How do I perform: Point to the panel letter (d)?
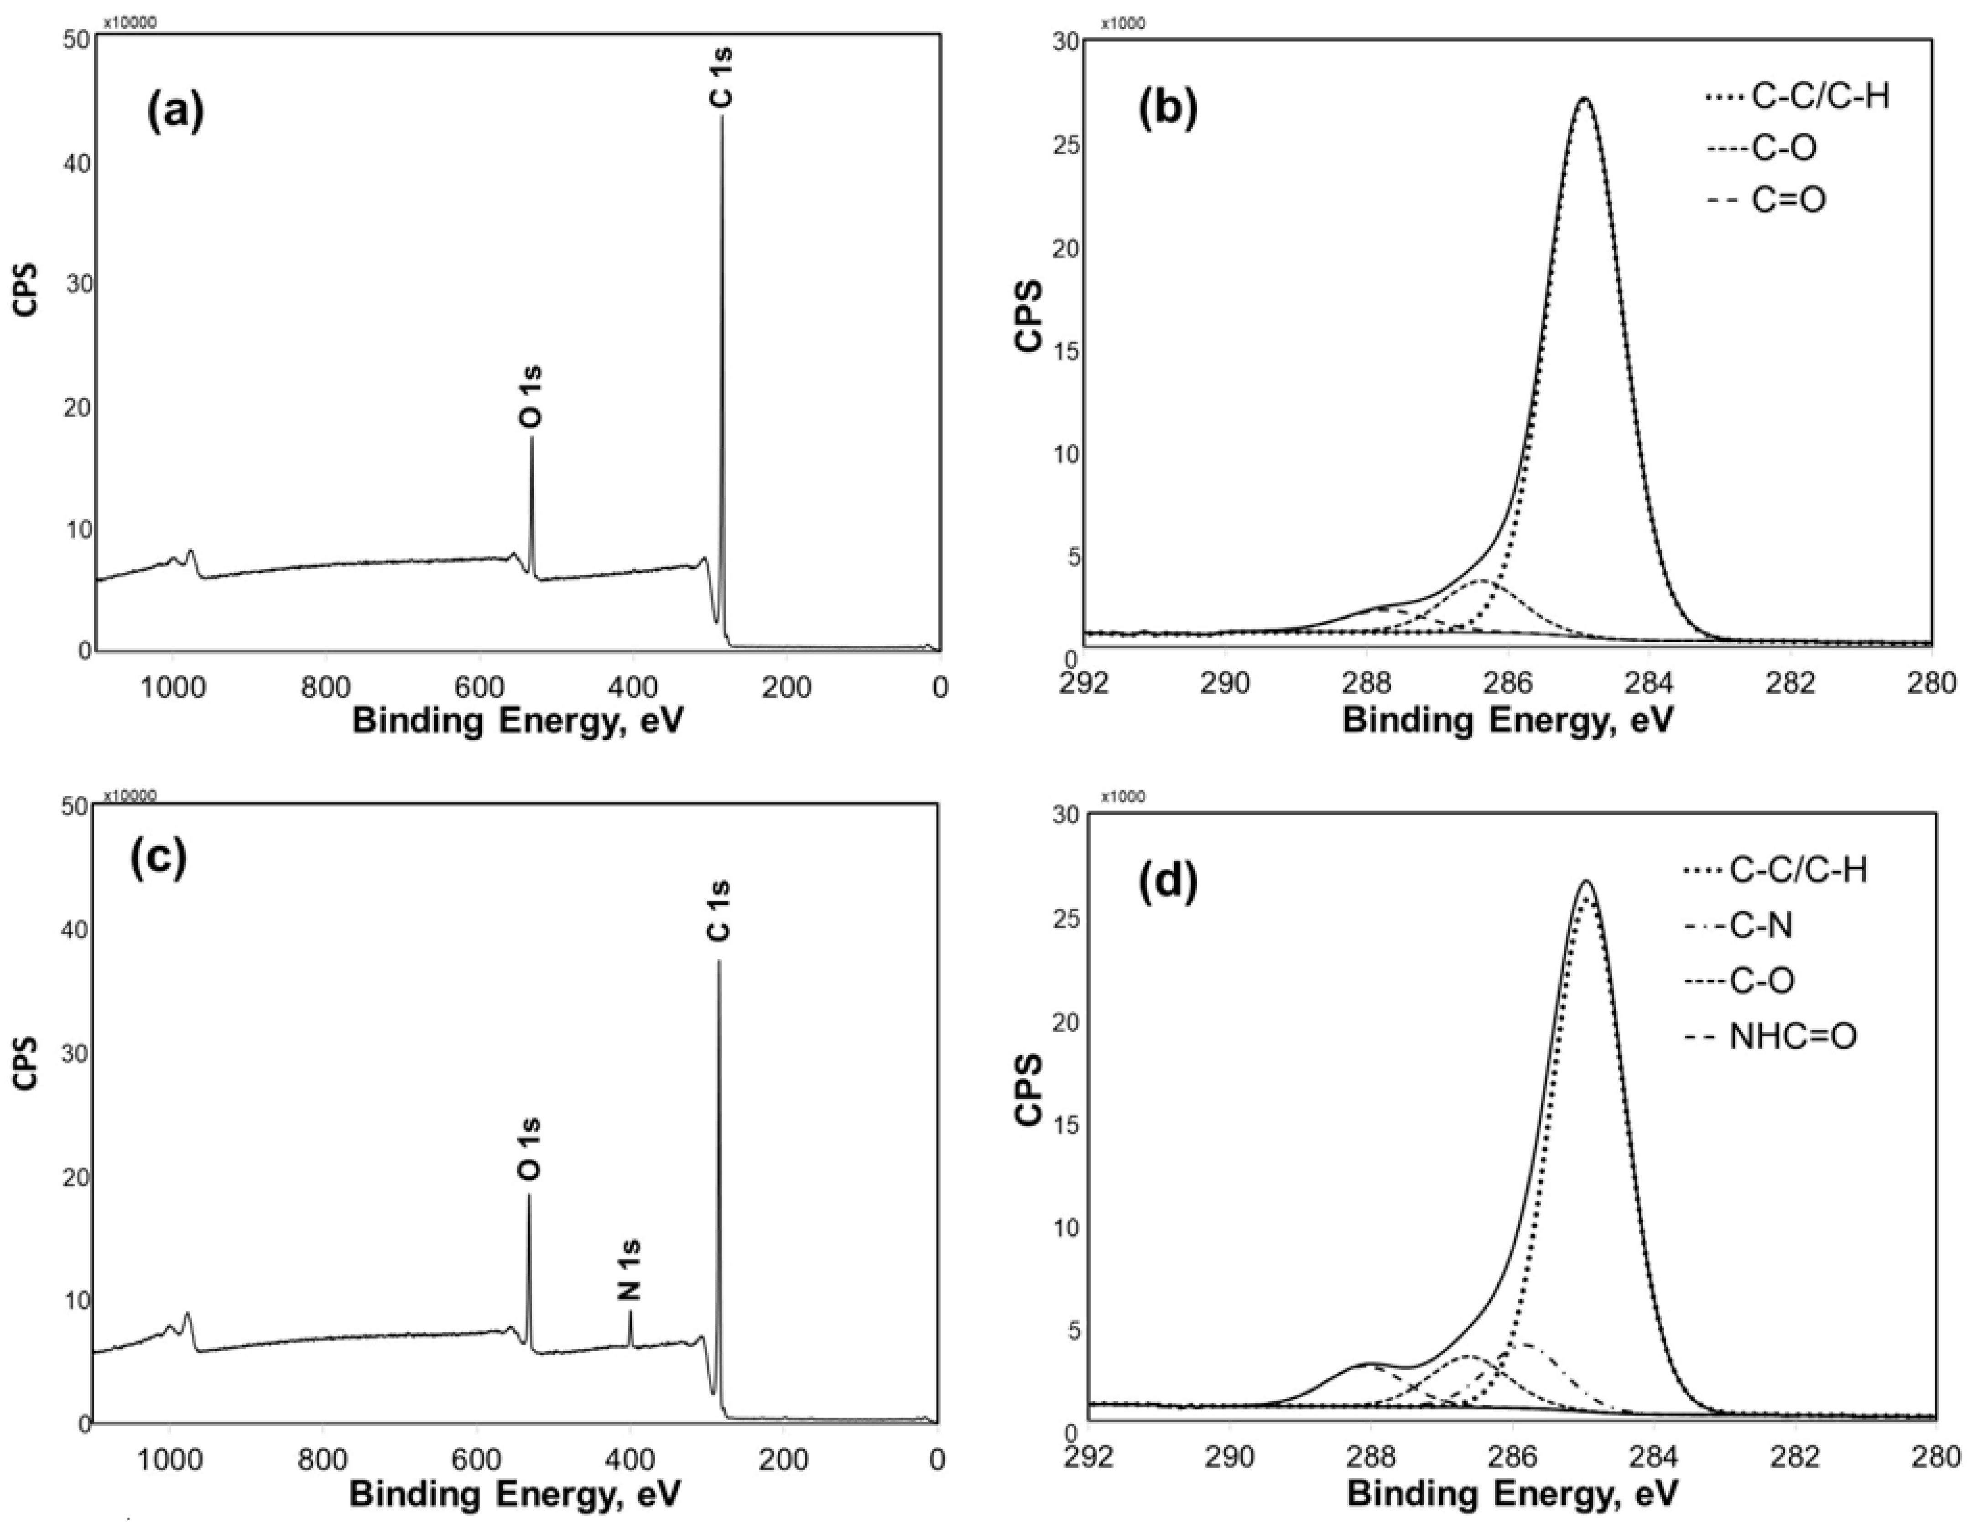click(1166, 881)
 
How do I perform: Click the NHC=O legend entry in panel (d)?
click(1770, 1036)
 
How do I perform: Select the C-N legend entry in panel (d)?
click(1739, 926)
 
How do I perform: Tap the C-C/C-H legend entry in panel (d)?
click(1775, 870)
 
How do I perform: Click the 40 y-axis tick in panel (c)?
click(79, 930)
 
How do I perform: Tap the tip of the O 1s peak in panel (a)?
click(532, 438)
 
